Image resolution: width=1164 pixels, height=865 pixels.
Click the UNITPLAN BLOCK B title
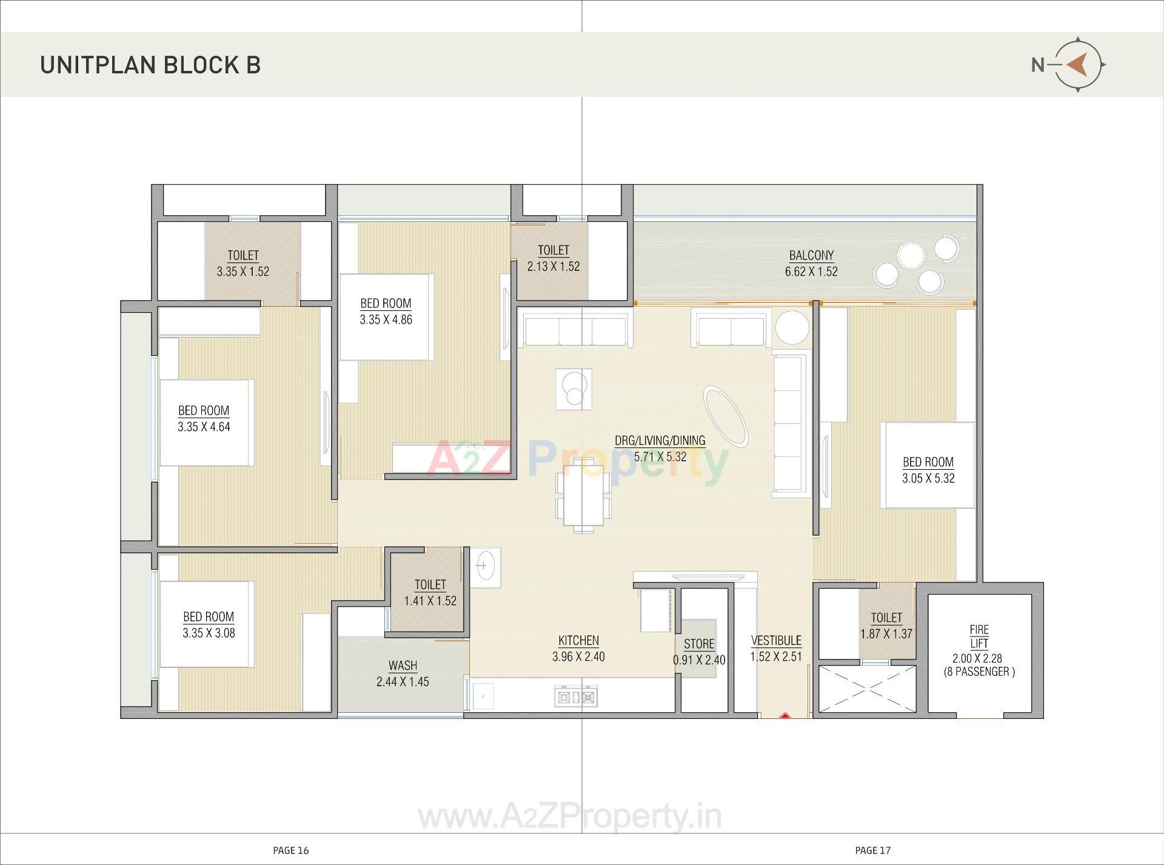pos(150,65)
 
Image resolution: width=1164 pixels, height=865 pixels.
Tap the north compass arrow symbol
pos(1077,65)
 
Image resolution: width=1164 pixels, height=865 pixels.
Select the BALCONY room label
pos(811,255)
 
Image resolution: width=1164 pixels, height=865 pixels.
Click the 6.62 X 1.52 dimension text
pos(811,272)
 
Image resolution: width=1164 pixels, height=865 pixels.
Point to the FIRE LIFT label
pos(978,636)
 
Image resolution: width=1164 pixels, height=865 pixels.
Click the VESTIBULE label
pos(776,641)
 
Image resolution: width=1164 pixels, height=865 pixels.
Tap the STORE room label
pos(698,644)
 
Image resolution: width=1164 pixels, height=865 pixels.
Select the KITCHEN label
pos(578,641)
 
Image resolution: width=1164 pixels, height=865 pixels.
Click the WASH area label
pos(403,666)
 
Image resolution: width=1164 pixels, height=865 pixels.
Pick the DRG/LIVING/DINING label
pos(660,441)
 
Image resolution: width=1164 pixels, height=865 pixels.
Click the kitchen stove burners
pos(576,696)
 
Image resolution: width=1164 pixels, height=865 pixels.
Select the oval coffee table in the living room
pos(725,416)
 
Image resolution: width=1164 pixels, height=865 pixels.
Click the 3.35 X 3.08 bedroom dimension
pos(209,633)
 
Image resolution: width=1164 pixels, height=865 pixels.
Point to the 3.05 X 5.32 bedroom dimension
pos(928,478)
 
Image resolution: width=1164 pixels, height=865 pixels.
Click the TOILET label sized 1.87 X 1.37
pos(886,618)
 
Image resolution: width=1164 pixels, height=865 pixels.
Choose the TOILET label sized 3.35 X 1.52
pos(243,256)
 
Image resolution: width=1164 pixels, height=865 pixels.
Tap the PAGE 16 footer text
pos(291,850)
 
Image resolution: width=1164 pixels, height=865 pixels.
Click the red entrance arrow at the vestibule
pos(784,715)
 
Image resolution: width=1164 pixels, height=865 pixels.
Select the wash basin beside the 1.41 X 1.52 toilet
pos(484,567)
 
